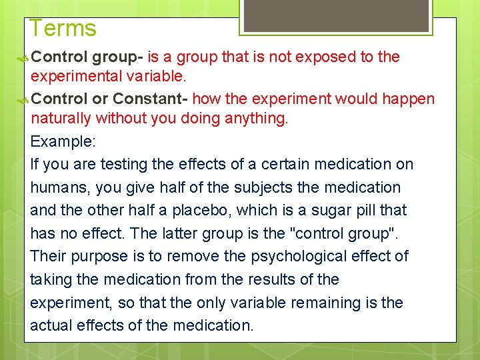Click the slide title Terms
point(63,28)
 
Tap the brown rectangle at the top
point(335,15)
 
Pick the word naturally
point(61,119)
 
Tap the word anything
point(253,119)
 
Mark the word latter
point(165,233)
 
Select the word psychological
point(275,256)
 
